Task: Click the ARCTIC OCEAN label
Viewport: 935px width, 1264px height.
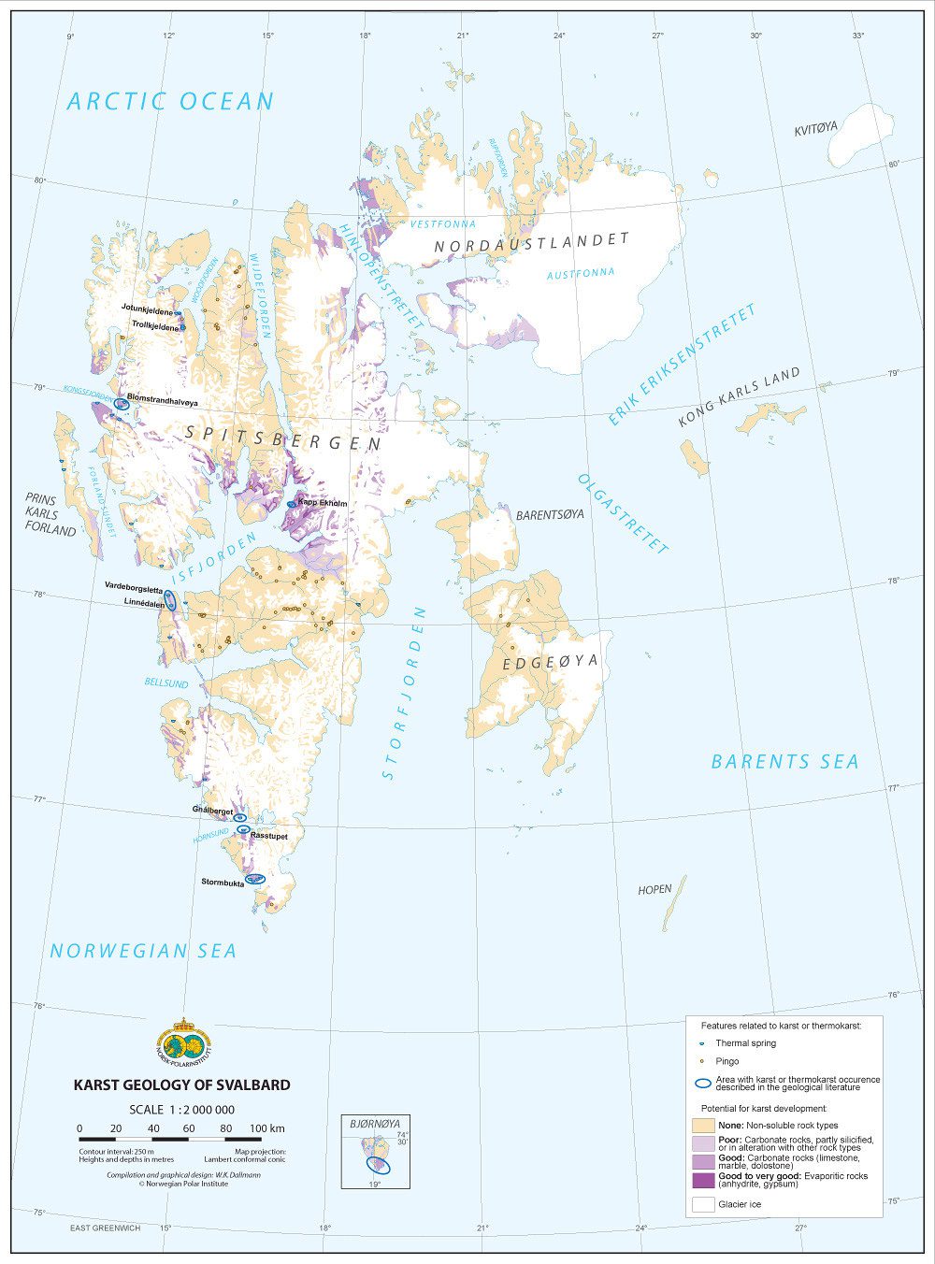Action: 170,101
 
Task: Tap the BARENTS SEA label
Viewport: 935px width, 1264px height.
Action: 784,761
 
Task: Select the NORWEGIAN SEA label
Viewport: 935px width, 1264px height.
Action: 143,951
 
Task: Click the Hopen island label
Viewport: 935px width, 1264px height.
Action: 654,890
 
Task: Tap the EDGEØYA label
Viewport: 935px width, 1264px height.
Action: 550,664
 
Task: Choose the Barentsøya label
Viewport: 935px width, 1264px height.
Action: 550,515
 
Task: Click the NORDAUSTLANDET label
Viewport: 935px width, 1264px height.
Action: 532,242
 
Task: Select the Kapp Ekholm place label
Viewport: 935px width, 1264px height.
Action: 323,503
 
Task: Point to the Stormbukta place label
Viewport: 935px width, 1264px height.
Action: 223,882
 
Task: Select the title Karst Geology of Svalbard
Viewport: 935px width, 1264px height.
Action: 181,1085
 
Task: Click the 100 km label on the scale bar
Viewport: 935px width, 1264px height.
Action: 266,1128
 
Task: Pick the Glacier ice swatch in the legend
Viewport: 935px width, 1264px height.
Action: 703,1204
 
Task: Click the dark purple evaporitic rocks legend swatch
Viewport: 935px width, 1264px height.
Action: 703,1180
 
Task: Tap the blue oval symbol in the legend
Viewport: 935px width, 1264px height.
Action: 703,1084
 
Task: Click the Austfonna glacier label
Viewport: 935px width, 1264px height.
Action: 581,273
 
